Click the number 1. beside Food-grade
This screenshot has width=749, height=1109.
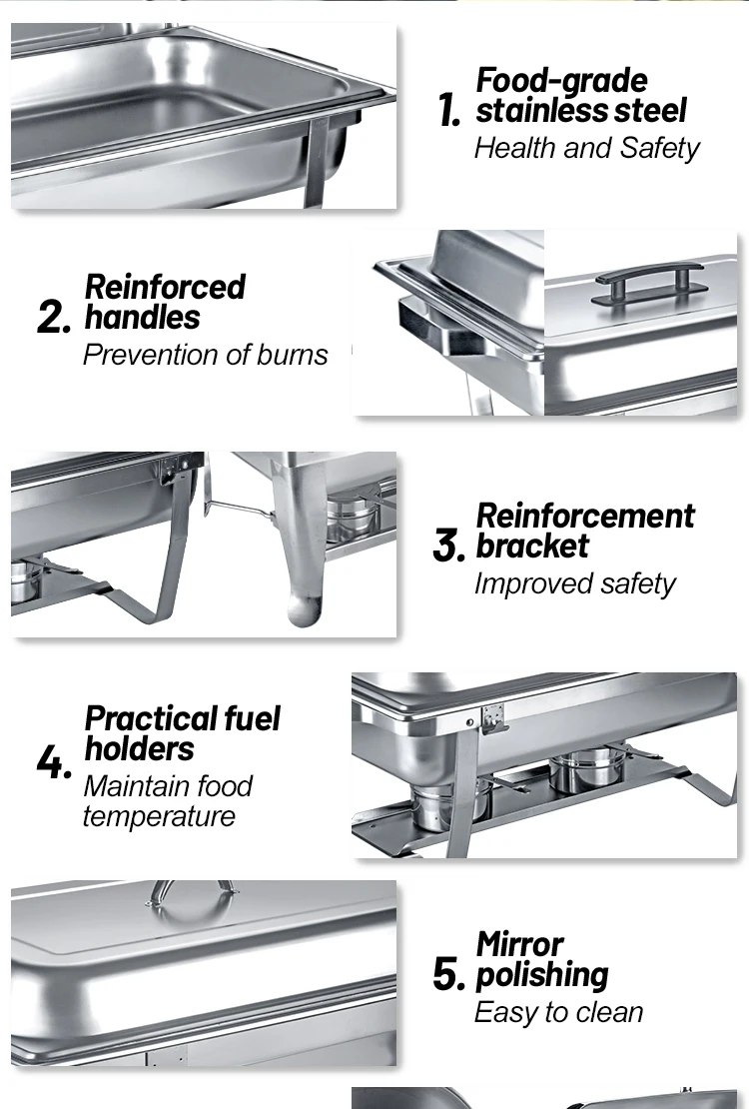pyautogui.click(x=448, y=111)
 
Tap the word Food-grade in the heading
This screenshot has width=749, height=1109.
pyautogui.click(x=561, y=80)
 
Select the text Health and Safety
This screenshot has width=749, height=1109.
pyautogui.click(x=586, y=148)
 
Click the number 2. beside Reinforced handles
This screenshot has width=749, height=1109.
pyautogui.click(x=54, y=318)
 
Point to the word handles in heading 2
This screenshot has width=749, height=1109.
pyautogui.click(x=142, y=318)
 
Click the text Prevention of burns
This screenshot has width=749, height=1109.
pyautogui.click(x=205, y=355)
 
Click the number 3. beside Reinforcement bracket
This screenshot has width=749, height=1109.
pyautogui.click(x=448, y=547)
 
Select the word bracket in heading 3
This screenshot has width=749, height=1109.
pyautogui.click(x=532, y=546)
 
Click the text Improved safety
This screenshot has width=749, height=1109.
pyautogui.click(x=574, y=583)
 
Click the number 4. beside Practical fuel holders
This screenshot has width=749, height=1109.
pyautogui.click(x=54, y=764)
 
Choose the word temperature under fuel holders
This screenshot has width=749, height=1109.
pyautogui.click(x=159, y=816)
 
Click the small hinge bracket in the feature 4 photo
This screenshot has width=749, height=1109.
pyautogui.click(x=491, y=718)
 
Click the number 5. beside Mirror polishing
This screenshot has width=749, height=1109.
pyautogui.click(x=448, y=974)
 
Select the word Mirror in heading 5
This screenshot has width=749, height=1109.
pyautogui.click(x=519, y=944)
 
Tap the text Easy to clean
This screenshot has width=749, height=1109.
pyautogui.click(x=558, y=1012)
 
